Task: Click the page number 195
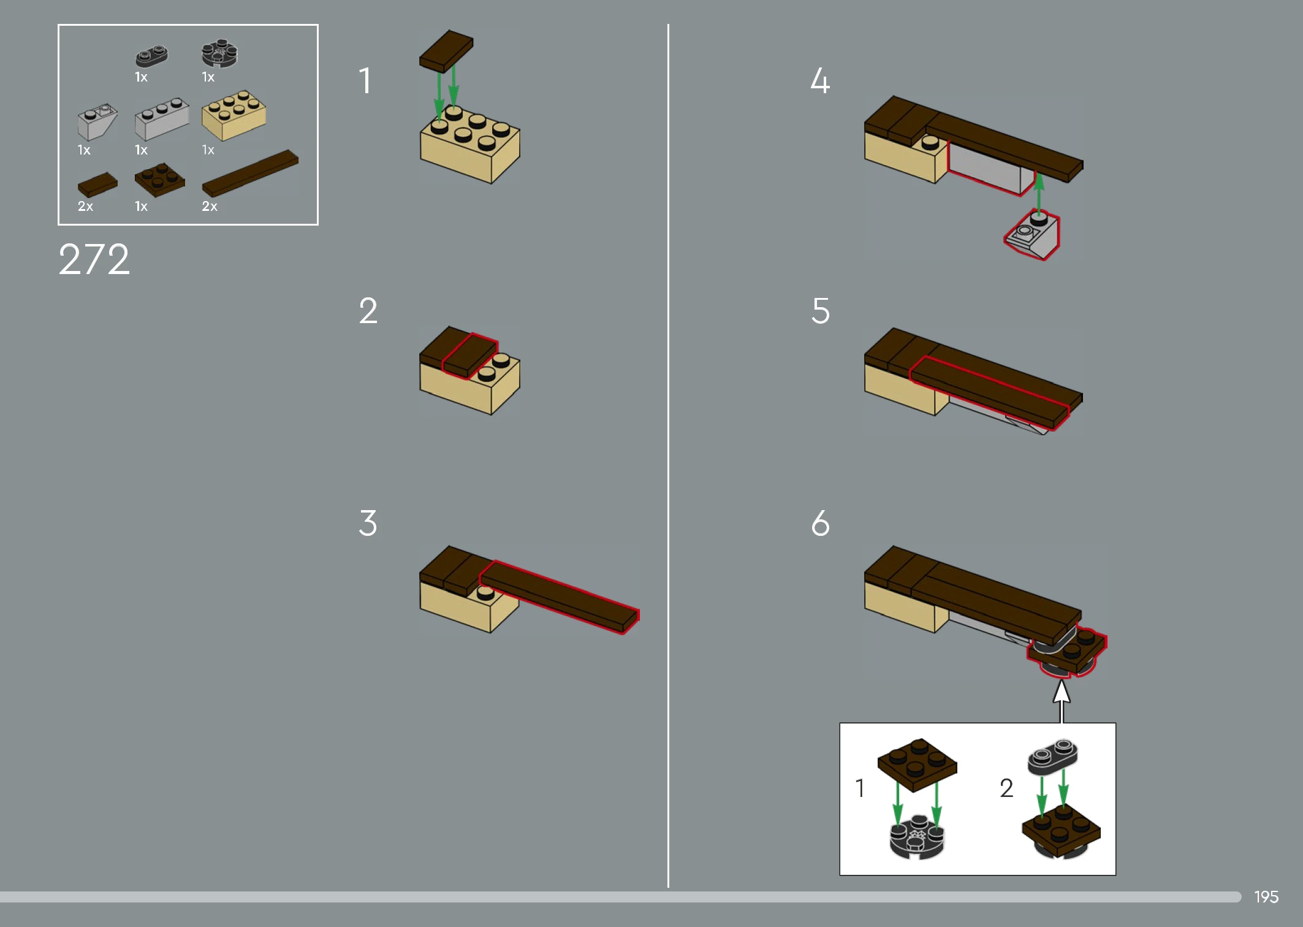[1266, 897]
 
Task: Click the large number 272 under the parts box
[94, 259]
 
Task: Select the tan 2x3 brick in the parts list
[234, 115]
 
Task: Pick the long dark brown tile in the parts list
[250, 173]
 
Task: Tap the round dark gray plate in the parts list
[219, 53]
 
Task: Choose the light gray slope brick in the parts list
[97, 121]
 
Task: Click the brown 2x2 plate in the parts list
[159, 180]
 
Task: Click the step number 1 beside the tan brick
[365, 80]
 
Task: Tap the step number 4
[820, 80]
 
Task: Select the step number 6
[820, 523]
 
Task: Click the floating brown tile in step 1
[446, 51]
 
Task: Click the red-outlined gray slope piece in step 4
[1032, 235]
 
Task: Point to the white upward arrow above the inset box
[1062, 701]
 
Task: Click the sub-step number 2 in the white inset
[1006, 788]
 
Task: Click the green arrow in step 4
[1039, 193]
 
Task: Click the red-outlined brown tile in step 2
[469, 356]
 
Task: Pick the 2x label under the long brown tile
[210, 207]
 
